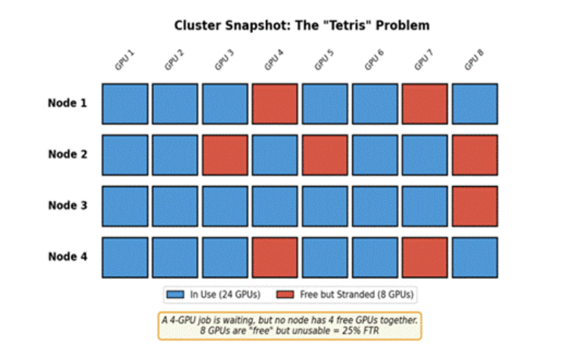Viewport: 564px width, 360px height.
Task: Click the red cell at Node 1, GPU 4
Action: pyautogui.click(x=275, y=103)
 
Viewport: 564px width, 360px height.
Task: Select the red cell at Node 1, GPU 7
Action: pyautogui.click(x=425, y=103)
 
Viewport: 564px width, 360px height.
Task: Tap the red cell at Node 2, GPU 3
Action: pyautogui.click(x=225, y=155)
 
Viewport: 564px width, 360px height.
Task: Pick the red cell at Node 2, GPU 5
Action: pyautogui.click(x=325, y=155)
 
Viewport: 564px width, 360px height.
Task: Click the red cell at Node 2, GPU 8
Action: pyautogui.click(x=475, y=155)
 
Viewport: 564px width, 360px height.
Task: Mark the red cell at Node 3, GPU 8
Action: pyautogui.click(x=475, y=206)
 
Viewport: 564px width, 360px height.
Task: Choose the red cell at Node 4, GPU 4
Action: pyautogui.click(x=275, y=257)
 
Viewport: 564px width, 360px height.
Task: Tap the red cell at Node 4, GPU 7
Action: pyautogui.click(x=425, y=257)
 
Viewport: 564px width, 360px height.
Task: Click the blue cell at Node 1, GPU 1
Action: pyautogui.click(x=124, y=103)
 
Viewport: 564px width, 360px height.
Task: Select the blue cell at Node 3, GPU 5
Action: pyautogui.click(x=325, y=206)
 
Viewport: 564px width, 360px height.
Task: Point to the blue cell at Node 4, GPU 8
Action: pyautogui.click(x=475, y=257)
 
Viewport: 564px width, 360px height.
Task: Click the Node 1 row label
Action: pyautogui.click(x=67, y=103)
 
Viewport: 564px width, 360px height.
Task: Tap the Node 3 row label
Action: pyautogui.click(x=67, y=205)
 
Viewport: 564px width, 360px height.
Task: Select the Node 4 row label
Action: pyautogui.click(x=67, y=256)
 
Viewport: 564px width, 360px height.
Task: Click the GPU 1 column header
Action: pyautogui.click(x=124, y=61)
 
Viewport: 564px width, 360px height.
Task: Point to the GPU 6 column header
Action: pyautogui.click(x=375, y=61)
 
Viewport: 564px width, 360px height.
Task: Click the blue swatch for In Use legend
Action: pyautogui.click(x=176, y=294)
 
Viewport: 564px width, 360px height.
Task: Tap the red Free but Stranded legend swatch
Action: pyautogui.click(x=285, y=294)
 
